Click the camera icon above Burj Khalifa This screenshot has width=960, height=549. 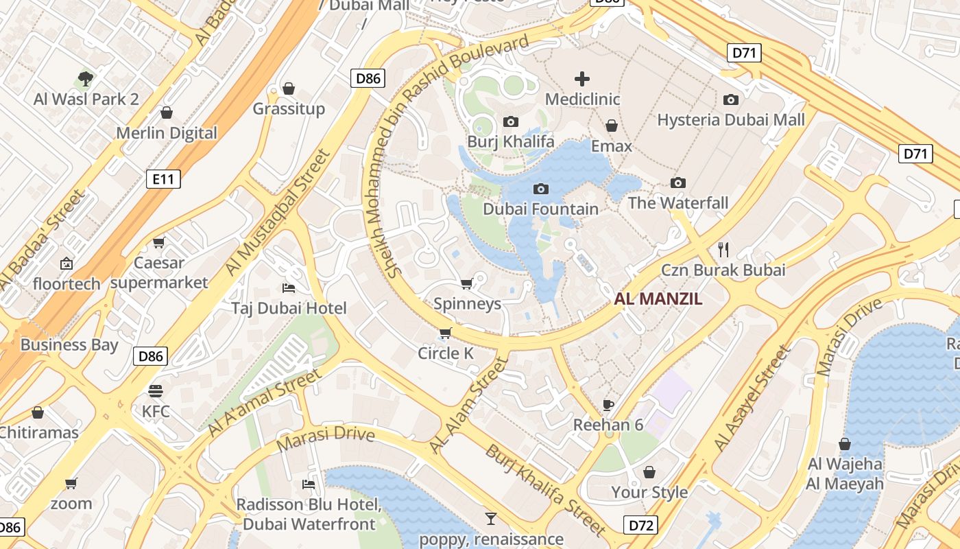point(511,122)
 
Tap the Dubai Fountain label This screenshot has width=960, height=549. point(541,209)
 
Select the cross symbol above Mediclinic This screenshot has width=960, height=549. point(582,78)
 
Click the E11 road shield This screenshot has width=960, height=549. point(163,180)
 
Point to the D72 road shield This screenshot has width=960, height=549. point(642,526)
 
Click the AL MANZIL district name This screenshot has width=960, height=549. point(658,299)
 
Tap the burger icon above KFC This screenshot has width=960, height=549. point(156,391)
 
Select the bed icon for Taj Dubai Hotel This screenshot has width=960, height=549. point(289,288)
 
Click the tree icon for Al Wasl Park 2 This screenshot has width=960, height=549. point(86,79)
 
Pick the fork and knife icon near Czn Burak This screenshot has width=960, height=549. point(723,249)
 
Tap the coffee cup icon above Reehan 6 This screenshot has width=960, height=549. point(608,404)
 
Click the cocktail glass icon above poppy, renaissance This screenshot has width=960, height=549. point(491,518)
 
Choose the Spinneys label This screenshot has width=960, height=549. point(468,303)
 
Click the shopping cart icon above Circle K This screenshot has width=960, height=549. point(446,334)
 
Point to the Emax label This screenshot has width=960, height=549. point(612,146)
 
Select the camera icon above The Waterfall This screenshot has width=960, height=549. point(678,183)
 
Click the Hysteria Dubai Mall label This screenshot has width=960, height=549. point(731,120)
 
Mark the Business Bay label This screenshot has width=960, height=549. point(69,344)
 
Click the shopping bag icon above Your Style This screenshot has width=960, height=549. point(649,472)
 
